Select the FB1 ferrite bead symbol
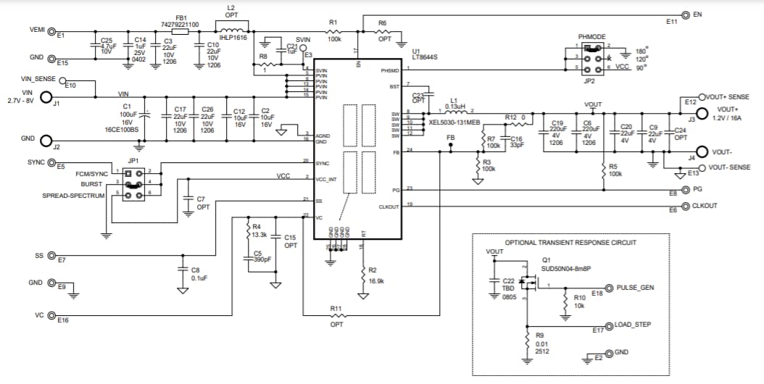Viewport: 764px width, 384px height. click(180, 32)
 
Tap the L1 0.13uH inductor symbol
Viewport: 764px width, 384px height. click(454, 113)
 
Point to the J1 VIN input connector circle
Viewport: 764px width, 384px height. click(46, 97)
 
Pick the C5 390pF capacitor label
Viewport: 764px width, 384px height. click(261, 256)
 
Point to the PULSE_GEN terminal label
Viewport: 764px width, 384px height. click(635, 288)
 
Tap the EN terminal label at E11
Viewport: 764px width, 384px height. click(697, 14)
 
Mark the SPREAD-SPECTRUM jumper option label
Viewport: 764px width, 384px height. click(73, 196)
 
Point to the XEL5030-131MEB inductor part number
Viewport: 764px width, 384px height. click(454, 122)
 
